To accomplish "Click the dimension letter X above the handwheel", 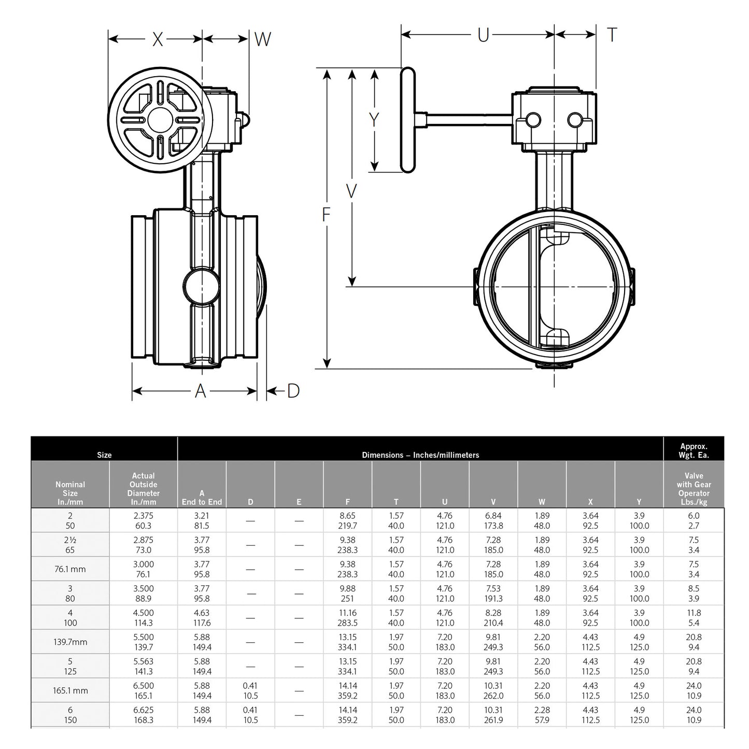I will [158, 39].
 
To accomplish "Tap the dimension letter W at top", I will [263, 39].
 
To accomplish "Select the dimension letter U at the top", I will [483, 35].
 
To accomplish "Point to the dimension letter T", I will [612, 35].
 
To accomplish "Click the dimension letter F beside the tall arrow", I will [326, 214].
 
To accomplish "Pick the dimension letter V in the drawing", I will [351, 191].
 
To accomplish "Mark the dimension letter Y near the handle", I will [374, 120].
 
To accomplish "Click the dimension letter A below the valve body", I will [201, 391].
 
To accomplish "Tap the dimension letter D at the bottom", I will [293, 391].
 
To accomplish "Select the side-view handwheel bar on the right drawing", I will [408, 120].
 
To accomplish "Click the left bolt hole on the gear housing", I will [532, 120].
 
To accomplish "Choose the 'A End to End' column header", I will [202, 497].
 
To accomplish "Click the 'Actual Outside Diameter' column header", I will [143, 488].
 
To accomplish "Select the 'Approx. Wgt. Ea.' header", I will [694, 450].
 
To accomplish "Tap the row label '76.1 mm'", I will [70, 569].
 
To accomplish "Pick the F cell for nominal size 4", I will [347, 618].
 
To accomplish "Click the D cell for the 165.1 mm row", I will [250, 690].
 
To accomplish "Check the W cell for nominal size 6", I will [542, 715].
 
